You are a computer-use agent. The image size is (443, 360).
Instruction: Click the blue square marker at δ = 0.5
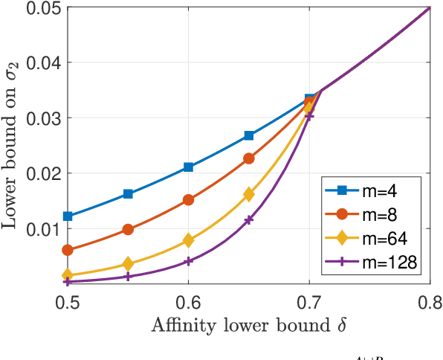click(68, 216)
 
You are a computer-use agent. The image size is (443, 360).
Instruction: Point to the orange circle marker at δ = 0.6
click(189, 200)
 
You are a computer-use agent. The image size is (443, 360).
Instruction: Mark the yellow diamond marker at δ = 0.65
click(249, 194)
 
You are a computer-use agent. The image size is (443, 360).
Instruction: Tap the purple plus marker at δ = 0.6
click(189, 261)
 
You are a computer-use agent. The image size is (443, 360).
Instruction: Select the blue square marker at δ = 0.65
click(249, 135)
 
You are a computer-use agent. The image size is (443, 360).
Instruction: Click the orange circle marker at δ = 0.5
click(68, 250)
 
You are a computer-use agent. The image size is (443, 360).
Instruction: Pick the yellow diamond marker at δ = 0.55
click(129, 264)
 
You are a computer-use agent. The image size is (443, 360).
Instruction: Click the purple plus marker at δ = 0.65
click(249, 219)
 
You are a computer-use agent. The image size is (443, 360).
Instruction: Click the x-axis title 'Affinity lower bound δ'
click(249, 325)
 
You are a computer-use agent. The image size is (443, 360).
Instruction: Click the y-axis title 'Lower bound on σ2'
click(13, 145)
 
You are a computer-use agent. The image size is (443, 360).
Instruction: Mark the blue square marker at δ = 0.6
click(189, 167)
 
